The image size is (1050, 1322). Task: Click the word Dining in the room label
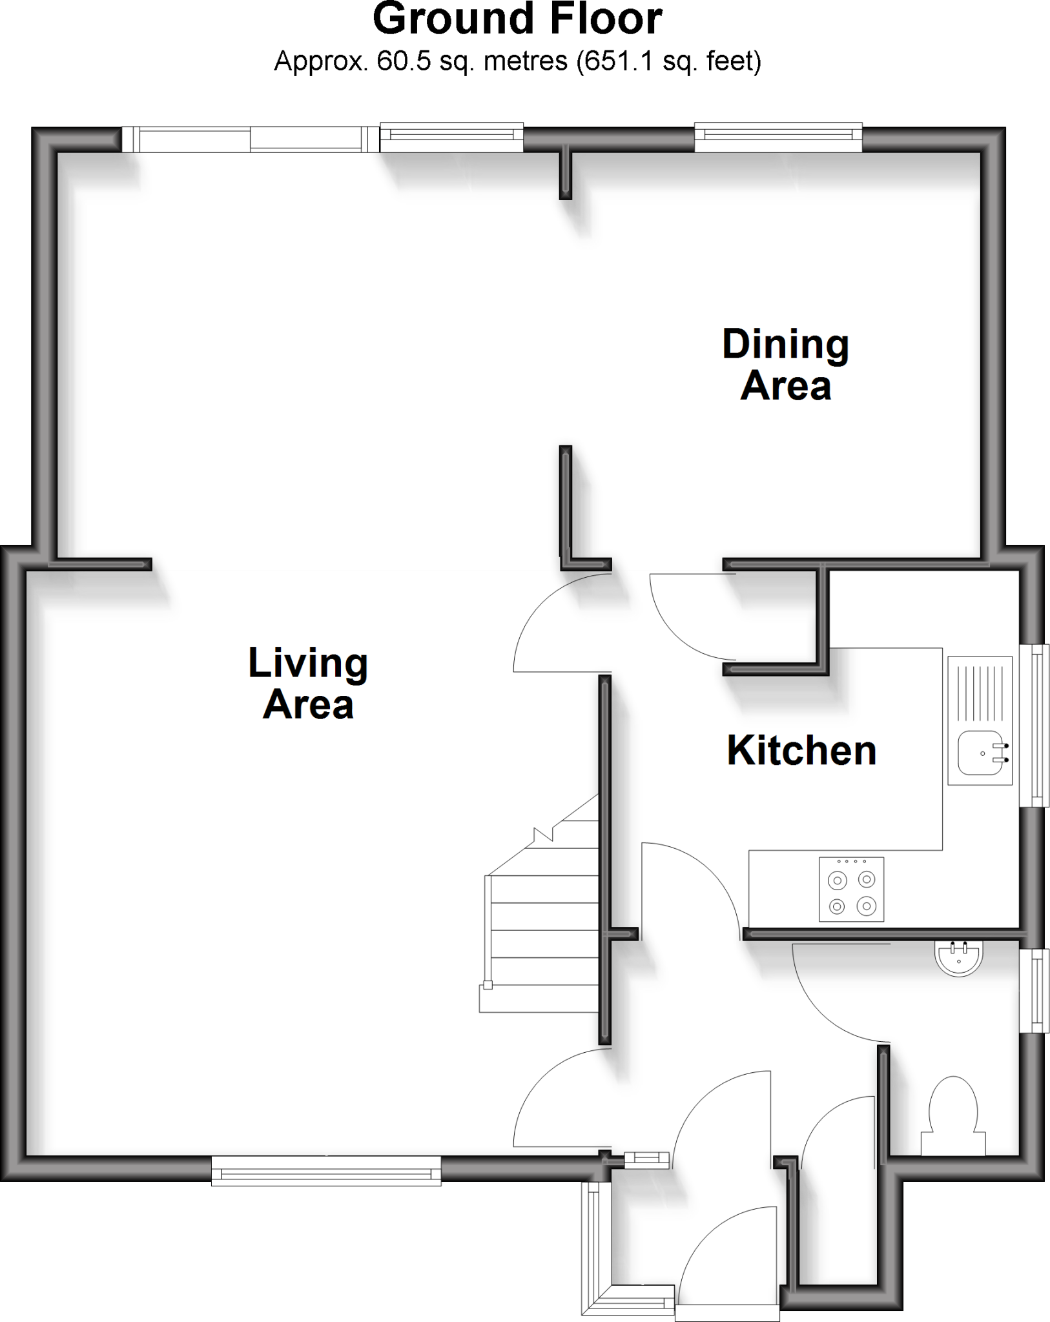click(785, 345)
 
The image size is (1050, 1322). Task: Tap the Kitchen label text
click(801, 751)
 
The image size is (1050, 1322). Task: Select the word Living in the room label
click(308, 663)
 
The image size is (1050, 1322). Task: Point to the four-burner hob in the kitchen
click(851, 889)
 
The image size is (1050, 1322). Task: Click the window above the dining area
click(778, 137)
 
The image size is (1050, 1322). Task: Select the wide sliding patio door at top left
click(251, 139)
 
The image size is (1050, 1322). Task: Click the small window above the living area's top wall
click(451, 137)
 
